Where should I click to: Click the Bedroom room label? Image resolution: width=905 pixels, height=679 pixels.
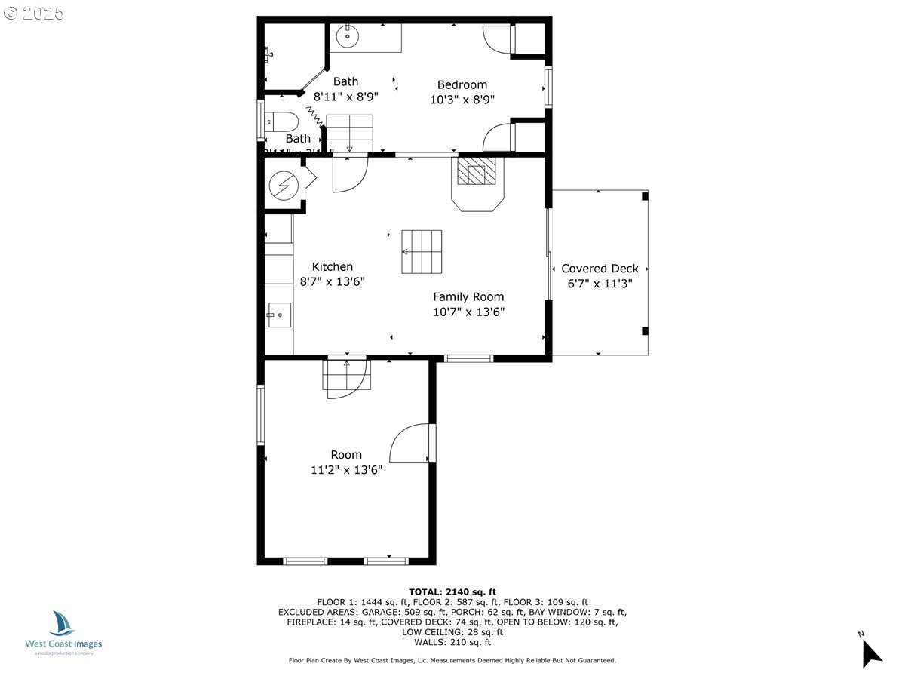(x=462, y=84)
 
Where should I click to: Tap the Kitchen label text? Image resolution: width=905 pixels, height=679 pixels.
(x=333, y=267)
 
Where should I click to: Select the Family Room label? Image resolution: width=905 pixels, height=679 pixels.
(x=468, y=296)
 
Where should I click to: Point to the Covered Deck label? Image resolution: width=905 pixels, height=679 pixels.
(x=600, y=269)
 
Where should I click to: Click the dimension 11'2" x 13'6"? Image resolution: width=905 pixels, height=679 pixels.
(x=346, y=470)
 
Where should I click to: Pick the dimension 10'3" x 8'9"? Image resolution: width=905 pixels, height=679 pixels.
(x=462, y=99)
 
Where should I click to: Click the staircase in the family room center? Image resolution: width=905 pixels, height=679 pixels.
(x=422, y=252)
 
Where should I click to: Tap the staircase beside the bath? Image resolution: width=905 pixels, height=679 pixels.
(x=350, y=133)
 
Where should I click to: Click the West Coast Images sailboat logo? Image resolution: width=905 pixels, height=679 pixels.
(x=63, y=624)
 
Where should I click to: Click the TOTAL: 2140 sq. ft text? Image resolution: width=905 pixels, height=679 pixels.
(x=452, y=591)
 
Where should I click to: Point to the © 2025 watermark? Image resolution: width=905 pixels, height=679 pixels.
(x=35, y=14)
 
